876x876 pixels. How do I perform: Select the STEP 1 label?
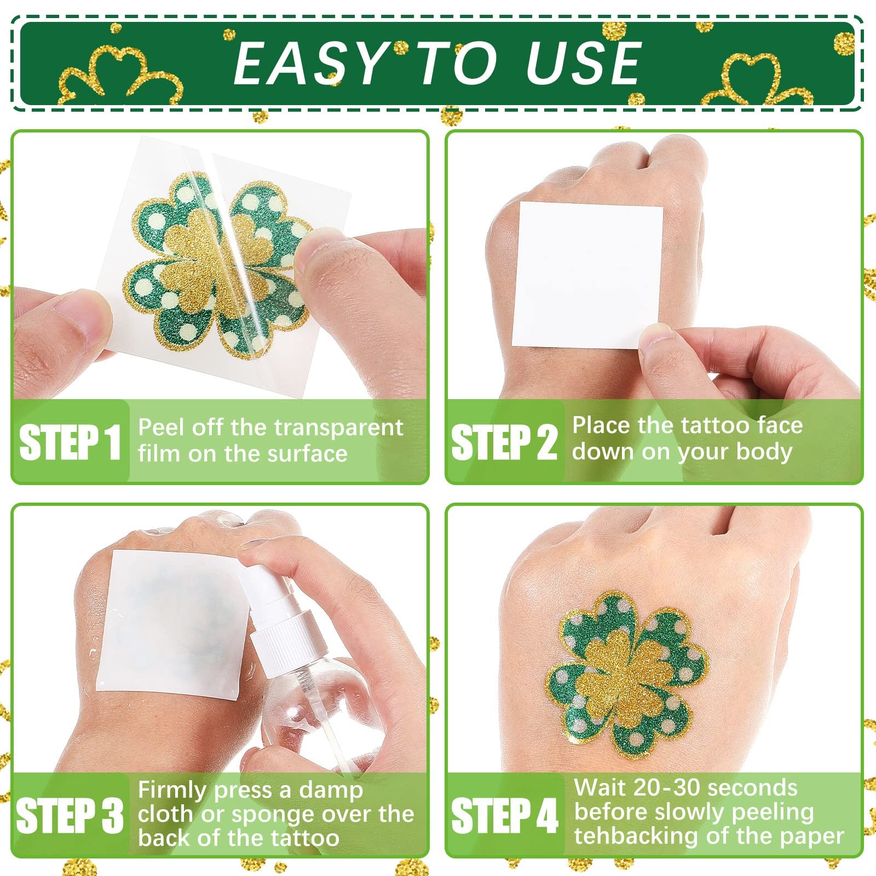click(70, 442)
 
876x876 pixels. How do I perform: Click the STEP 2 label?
click(504, 442)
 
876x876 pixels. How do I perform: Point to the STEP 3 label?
click(70, 815)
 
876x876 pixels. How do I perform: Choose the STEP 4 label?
click(504, 815)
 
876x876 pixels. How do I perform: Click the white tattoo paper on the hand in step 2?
click(587, 275)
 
